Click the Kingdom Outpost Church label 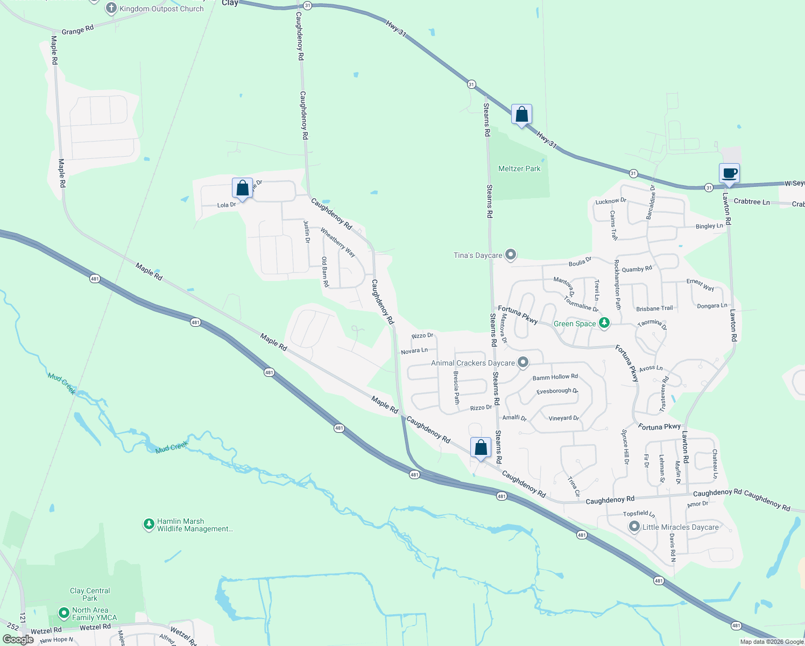click(161, 9)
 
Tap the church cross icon click(111, 8)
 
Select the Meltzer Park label click(519, 168)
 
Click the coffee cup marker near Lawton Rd click(729, 174)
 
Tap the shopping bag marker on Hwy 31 click(521, 115)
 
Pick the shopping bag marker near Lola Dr click(242, 188)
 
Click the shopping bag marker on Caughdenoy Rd click(481, 448)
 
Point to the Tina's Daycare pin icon click(511, 255)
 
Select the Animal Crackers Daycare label click(472, 363)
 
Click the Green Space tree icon click(605, 323)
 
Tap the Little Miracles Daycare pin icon click(634, 527)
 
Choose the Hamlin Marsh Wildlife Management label click(195, 525)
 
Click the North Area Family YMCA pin click(64, 613)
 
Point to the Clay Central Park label click(90, 594)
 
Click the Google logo click(18, 640)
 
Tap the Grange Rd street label click(77, 30)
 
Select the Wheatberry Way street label click(338, 242)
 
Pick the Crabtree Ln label click(751, 202)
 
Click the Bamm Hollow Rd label click(555, 377)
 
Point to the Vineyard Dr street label click(563, 418)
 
